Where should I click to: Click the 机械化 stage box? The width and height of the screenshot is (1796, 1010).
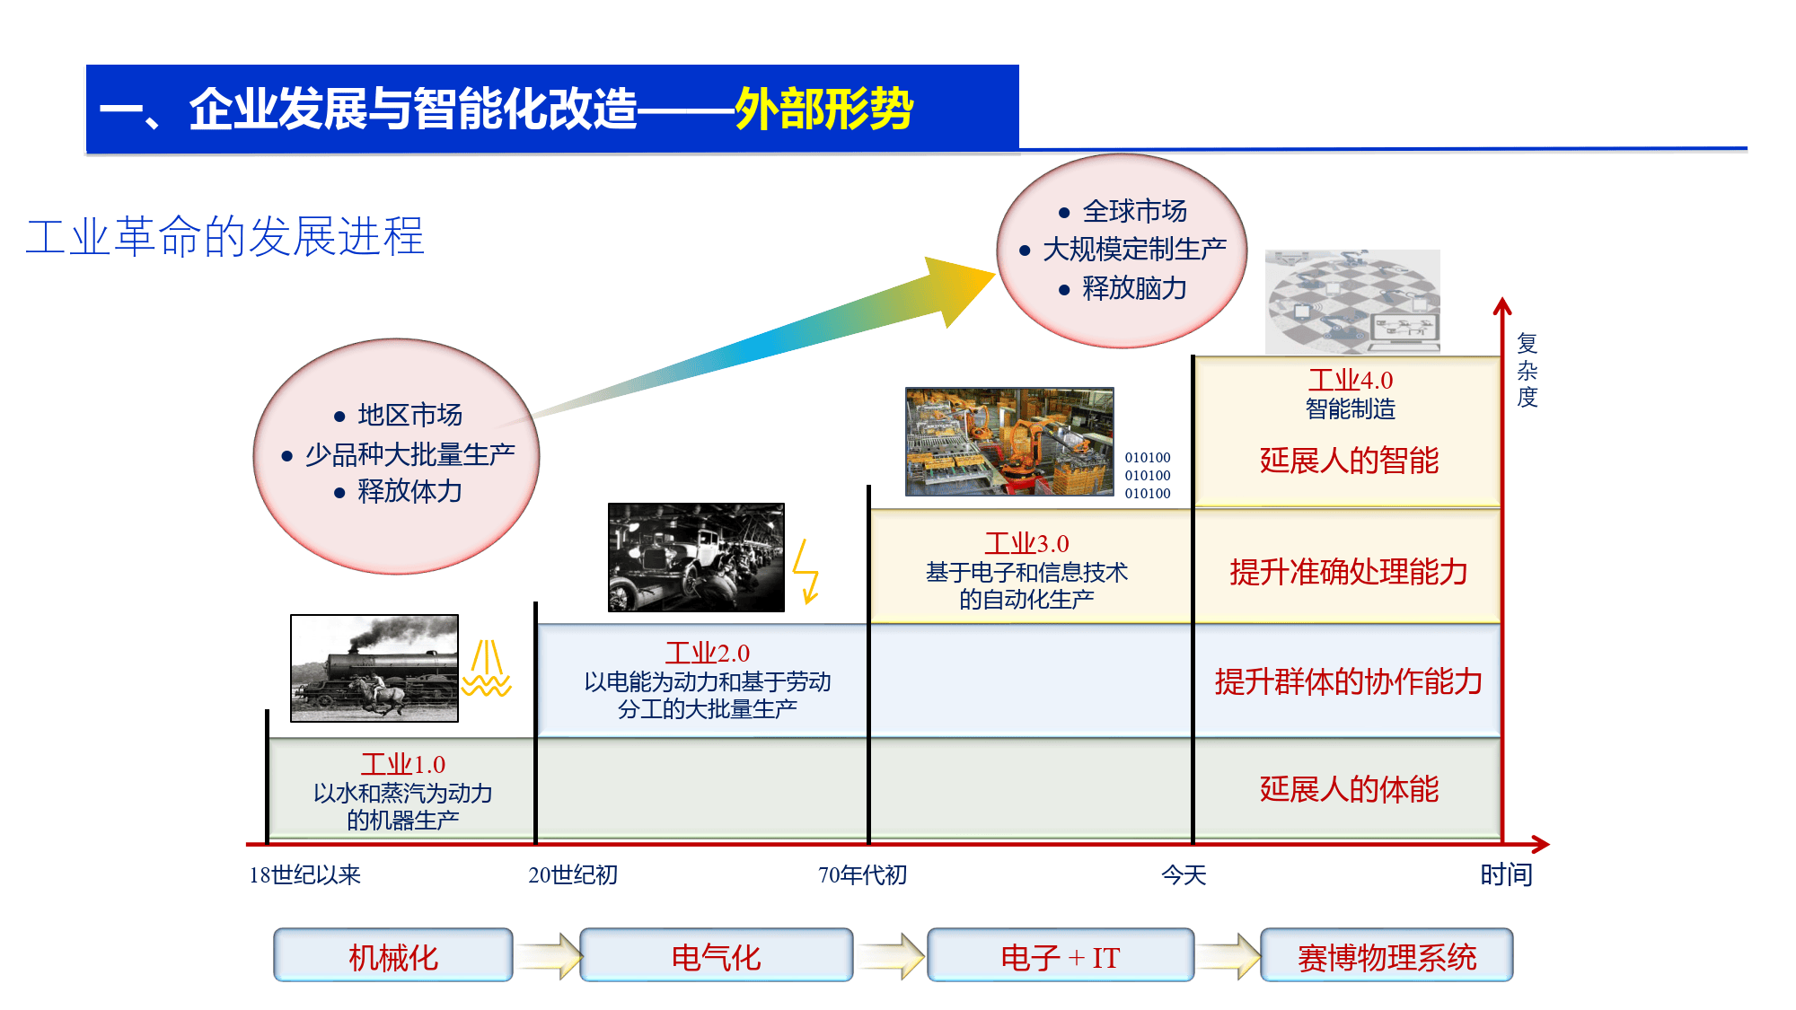(x=393, y=956)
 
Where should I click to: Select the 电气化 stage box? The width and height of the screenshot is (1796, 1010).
(x=716, y=956)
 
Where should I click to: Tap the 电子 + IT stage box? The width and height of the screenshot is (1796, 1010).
(x=1060, y=956)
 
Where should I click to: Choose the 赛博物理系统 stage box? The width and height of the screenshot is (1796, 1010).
(x=1387, y=956)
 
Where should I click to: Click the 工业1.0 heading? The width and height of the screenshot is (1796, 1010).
(x=403, y=764)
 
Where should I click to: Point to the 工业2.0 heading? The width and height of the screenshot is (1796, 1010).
(x=707, y=653)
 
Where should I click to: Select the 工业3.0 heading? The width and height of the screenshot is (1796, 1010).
(x=1026, y=543)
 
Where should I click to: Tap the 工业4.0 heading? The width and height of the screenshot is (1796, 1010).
(x=1350, y=380)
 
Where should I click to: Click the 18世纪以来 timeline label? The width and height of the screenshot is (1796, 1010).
(x=304, y=874)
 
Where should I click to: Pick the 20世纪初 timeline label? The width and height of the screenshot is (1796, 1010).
(x=573, y=874)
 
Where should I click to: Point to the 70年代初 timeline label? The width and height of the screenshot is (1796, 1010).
(x=862, y=874)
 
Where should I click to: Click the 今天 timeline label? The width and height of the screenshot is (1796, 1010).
(x=1184, y=874)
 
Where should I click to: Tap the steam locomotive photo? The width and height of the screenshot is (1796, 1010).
(x=374, y=668)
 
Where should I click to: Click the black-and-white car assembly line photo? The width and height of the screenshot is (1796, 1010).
(x=696, y=558)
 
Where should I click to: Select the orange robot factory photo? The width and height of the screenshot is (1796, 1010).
(x=1009, y=442)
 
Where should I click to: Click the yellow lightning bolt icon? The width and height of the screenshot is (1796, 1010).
(x=806, y=571)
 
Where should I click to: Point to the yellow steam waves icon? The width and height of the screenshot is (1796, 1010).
(x=486, y=669)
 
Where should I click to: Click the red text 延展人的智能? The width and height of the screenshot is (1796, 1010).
(x=1349, y=461)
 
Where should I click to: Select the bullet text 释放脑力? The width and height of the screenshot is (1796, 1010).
(x=1134, y=288)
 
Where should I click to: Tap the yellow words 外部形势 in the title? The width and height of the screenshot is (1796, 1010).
(x=823, y=110)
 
